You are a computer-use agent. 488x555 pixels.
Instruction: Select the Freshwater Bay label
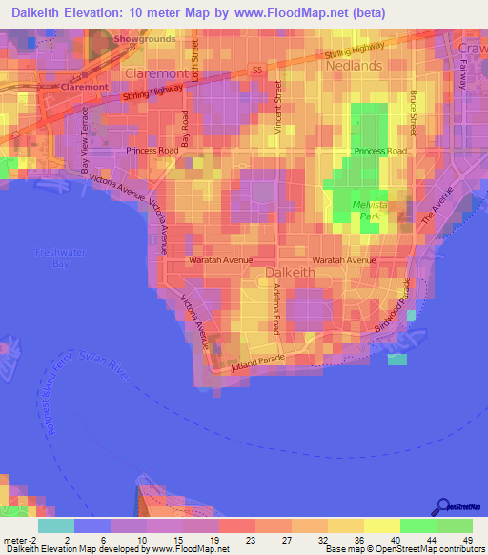click(x=54, y=257)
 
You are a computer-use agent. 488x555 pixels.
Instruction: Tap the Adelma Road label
click(x=275, y=308)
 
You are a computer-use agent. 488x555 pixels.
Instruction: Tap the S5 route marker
click(x=256, y=70)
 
